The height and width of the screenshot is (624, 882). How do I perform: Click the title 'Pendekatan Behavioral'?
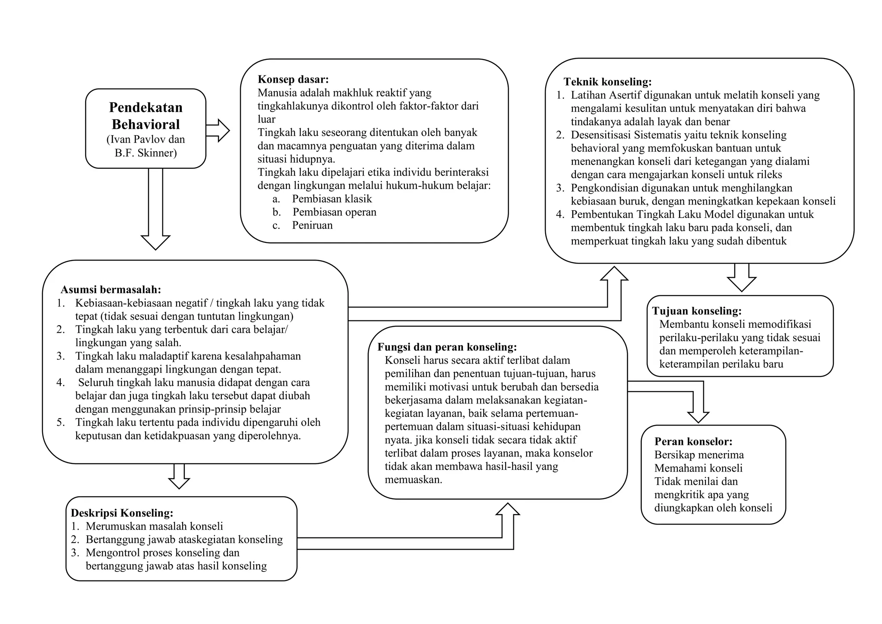pos(146,115)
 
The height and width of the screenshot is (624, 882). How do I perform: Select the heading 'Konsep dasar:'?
pos(293,79)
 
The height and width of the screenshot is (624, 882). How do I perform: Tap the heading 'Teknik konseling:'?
pos(608,82)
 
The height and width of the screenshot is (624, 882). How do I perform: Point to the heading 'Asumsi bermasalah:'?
pos(111,289)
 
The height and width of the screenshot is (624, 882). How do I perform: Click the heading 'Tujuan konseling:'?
pos(697,311)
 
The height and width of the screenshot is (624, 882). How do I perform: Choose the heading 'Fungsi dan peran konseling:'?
pos(447,347)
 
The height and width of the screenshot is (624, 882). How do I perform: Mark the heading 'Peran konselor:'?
pos(693,441)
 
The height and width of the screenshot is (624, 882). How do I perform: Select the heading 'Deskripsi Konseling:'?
pos(122,513)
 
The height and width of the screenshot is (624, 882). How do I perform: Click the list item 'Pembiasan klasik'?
pos(332,199)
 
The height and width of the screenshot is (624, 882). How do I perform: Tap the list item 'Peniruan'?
pos(312,225)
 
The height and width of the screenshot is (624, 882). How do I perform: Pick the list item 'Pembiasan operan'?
pos(334,212)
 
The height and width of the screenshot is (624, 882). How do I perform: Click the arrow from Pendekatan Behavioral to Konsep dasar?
pos(218,130)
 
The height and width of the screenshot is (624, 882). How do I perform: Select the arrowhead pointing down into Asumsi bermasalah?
pos(155,242)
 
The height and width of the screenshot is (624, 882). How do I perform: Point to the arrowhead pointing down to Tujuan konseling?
pos(742,284)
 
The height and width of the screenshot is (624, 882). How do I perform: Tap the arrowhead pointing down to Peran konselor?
pos(698,417)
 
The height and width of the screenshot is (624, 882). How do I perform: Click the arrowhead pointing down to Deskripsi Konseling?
pos(179,483)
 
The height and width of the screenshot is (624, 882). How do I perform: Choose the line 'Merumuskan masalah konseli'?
pos(154,526)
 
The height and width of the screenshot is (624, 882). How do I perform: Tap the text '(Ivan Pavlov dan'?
pos(146,140)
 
